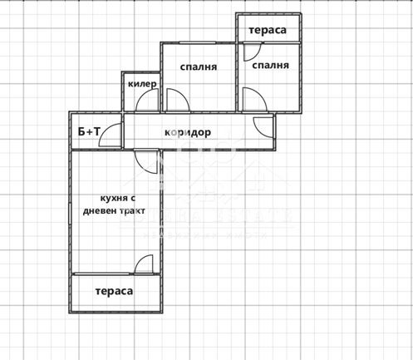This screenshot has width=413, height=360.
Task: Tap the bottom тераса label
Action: [114, 292]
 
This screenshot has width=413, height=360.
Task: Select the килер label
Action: [142, 84]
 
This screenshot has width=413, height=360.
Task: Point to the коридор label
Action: [187, 132]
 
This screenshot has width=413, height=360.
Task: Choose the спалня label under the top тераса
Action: [270, 66]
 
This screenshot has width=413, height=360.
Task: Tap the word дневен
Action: [100, 211]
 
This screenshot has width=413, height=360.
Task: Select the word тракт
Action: [132, 211]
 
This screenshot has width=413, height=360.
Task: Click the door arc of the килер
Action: [148, 101]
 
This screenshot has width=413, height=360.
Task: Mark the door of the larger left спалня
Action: [177, 101]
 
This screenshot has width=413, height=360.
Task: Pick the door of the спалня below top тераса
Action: [254, 101]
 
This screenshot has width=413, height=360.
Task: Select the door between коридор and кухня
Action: [145, 160]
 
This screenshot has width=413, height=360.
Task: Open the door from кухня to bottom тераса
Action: [143, 264]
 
